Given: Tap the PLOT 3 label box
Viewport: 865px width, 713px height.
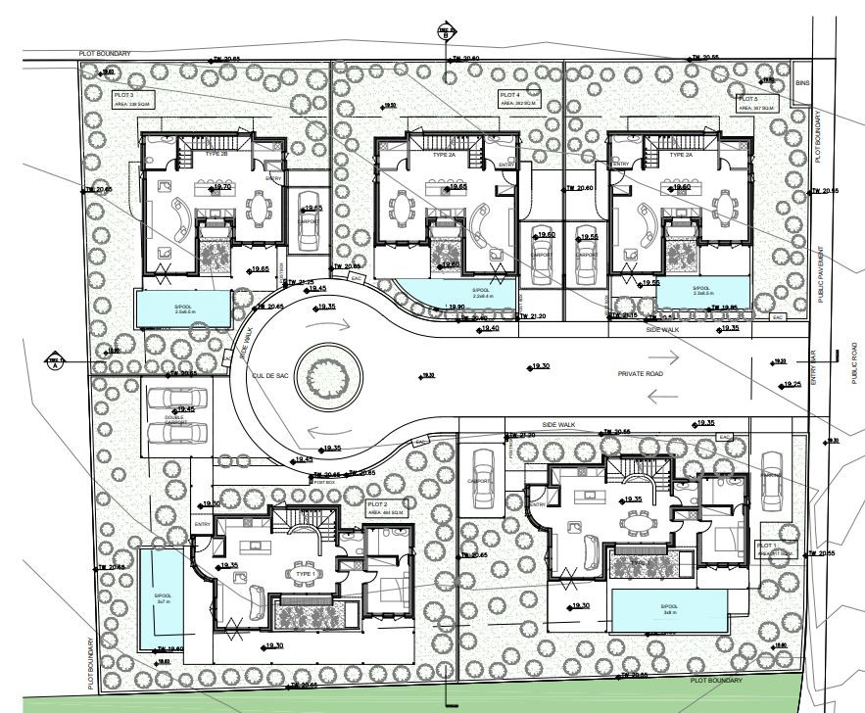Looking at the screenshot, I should [130, 98].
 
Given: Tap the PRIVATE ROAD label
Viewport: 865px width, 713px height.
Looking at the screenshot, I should [643, 374].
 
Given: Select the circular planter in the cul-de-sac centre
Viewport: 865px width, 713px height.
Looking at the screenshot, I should [326, 375].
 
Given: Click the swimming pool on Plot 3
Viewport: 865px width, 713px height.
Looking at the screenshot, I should [183, 308].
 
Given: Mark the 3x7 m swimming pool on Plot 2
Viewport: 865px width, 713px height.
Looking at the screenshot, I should [159, 598].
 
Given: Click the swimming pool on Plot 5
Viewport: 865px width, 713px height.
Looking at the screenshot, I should [703, 294].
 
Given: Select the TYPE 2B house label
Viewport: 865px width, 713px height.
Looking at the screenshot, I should [216, 155].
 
